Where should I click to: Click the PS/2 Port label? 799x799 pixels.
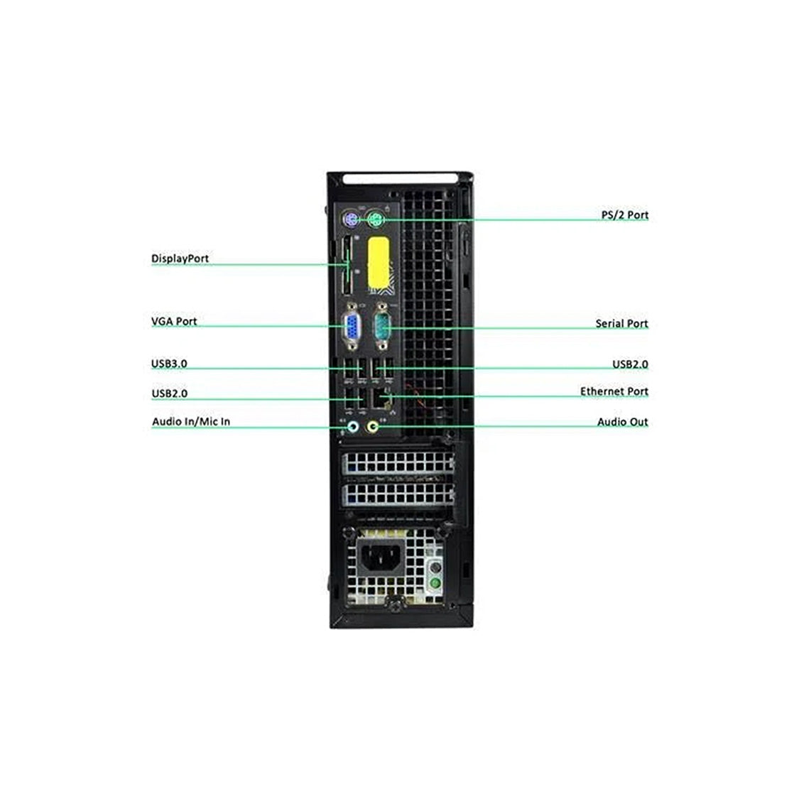coord(624,214)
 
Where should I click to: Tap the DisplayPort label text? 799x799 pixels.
coord(180,259)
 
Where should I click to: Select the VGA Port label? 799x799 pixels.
coord(174,322)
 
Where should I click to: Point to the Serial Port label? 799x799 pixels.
coord(621,324)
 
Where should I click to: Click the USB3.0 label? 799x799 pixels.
coord(169,364)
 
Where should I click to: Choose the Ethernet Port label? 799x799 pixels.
coord(614,391)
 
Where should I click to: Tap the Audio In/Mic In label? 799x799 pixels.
coord(191,422)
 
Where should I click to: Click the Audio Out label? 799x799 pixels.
coord(622,422)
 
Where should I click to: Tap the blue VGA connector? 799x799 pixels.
coord(351,330)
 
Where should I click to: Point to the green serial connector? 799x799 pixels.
coord(383,329)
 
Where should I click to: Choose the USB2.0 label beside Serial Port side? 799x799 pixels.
coord(630,365)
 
